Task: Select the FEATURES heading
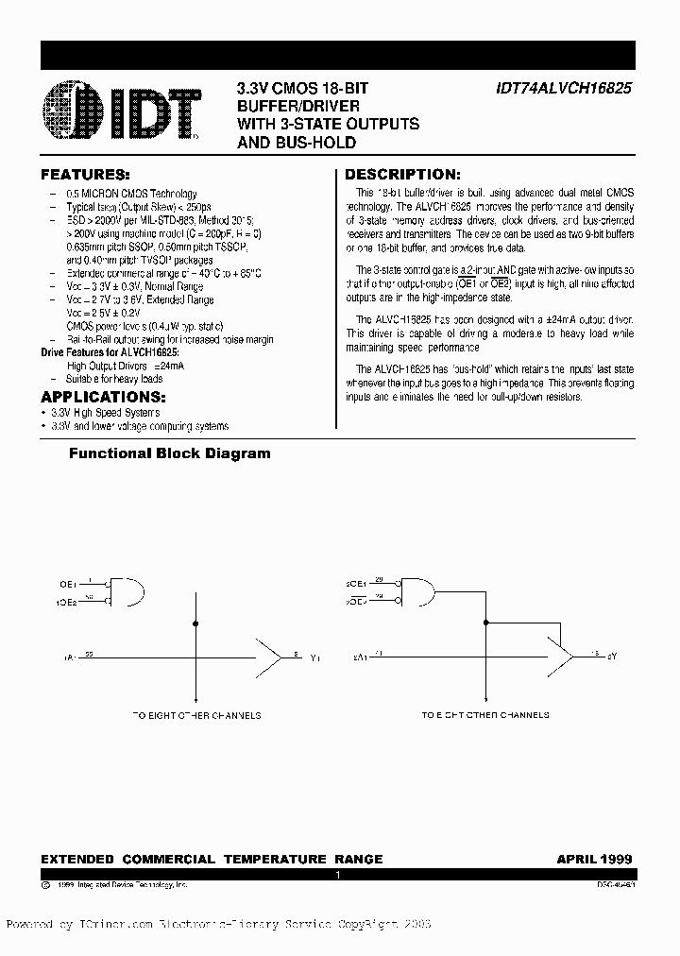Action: click(84, 175)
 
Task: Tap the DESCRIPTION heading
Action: click(402, 175)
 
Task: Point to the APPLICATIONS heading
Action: click(103, 397)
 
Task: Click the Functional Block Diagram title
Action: click(169, 453)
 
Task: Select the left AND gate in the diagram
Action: click(127, 590)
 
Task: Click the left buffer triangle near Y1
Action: click(269, 654)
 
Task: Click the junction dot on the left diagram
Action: click(195, 623)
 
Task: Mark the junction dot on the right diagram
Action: click(487, 623)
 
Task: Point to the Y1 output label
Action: click(314, 656)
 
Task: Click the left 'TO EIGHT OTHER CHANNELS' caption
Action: click(195, 715)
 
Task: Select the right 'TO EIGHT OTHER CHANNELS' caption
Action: click(484, 715)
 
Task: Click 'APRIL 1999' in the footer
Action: click(594, 860)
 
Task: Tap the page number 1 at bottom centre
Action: click(337, 876)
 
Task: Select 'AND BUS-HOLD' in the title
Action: click(296, 143)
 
